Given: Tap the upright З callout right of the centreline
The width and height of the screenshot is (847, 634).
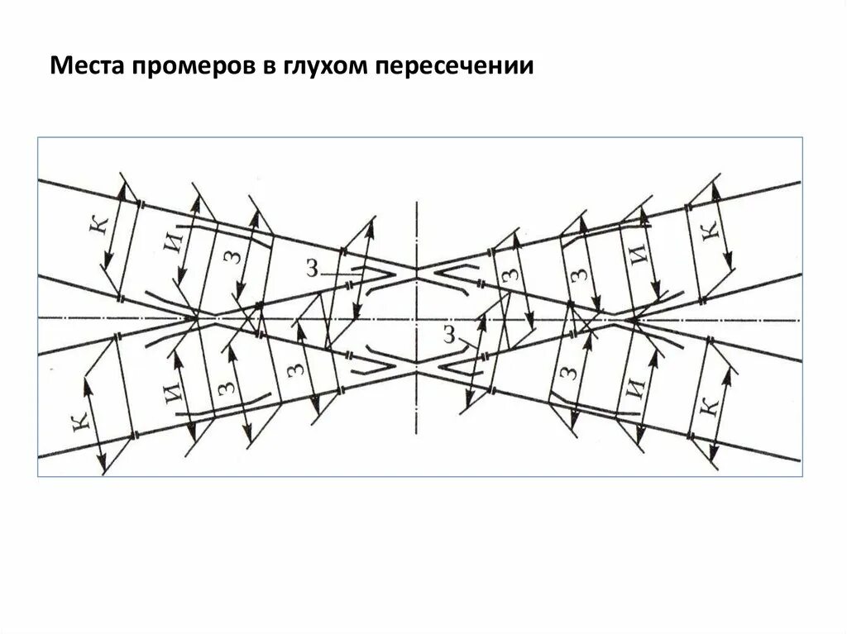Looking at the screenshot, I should (x=449, y=334).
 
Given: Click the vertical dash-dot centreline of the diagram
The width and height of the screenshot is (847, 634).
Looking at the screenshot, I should (x=418, y=223).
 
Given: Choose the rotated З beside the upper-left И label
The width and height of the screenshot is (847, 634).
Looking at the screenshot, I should (x=236, y=258).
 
